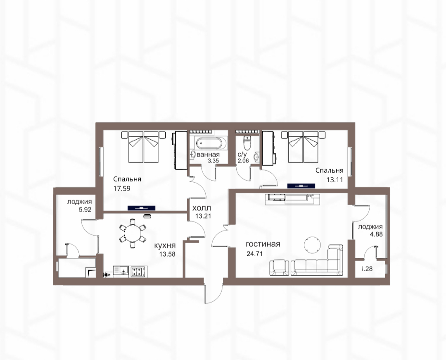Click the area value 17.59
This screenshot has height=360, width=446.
tap(122, 188)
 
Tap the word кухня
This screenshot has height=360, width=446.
tap(165, 246)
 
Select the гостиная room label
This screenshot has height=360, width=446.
tap(263, 244)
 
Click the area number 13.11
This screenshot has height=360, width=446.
tap(334, 179)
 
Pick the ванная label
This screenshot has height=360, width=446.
tap(208, 155)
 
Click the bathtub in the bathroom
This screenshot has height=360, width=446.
tap(211, 143)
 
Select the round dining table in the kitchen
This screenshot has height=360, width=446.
tap(133, 234)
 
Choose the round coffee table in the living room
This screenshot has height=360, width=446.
tap(312, 244)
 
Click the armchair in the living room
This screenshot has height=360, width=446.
tap(279, 268)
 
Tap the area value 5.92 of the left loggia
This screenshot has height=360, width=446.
tap(79, 210)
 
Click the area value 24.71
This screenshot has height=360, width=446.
tap(254, 253)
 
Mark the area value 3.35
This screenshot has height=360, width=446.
tap(214, 161)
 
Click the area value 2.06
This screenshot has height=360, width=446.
tap(243, 161)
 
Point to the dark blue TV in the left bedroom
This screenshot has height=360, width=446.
tap(141, 208)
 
